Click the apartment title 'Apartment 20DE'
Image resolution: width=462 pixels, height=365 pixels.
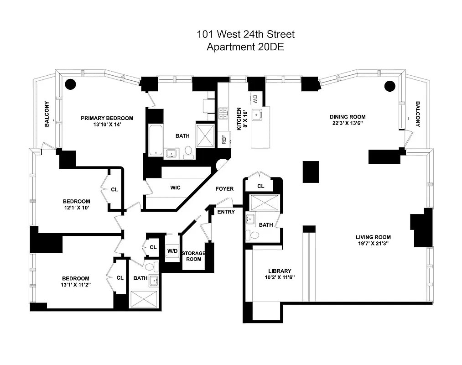(245, 47)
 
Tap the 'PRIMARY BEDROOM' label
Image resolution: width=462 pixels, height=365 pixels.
(107, 118)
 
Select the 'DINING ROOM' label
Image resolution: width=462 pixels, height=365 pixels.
(348, 117)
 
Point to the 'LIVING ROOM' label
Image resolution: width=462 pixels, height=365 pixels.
(373, 237)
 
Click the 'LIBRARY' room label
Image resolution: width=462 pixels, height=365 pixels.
(280, 271)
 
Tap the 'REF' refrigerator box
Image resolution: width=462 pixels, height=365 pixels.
(224, 139)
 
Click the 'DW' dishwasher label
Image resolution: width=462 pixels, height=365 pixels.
(255, 98)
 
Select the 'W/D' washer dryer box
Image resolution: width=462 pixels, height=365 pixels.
(172, 251)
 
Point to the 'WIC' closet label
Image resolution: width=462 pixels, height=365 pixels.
(176, 188)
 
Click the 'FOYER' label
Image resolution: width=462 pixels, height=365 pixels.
(224, 189)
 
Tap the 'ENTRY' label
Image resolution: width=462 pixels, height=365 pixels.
(226, 212)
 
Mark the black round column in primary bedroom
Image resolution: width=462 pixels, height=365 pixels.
(70, 84)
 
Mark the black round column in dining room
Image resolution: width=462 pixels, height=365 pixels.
(389, 85)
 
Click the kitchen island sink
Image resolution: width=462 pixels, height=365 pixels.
(259, 114)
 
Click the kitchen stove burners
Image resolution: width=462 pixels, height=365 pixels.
(223, 113)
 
